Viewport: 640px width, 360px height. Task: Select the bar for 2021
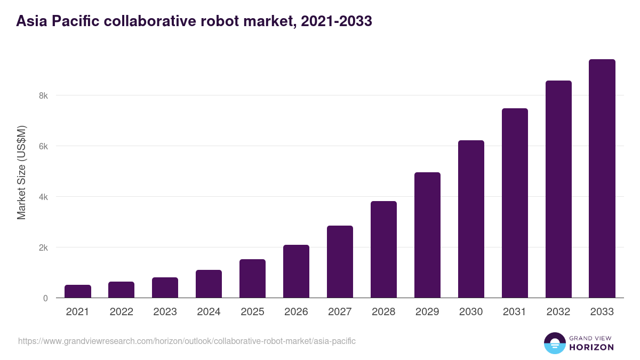(x=78, y=291)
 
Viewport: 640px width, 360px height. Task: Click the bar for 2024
(x=209, y=284)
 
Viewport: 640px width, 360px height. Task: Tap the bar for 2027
(x=340, y=261)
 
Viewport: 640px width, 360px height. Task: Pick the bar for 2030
(x=471, y=219)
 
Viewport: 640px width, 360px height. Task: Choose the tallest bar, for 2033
(x=602, y=178)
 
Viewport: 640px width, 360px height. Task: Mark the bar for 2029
(x=427, y=235)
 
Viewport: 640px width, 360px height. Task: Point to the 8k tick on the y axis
(x=43, y=96)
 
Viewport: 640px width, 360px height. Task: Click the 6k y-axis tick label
(x=43, y=146)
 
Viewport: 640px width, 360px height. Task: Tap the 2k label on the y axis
(x=43, y=247)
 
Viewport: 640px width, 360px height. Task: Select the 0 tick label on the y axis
(x=45, y=298)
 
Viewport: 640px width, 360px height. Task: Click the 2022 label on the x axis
(x=121, y=312)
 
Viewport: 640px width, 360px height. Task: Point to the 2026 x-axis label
(x=296, y=312)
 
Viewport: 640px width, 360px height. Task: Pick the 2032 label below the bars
(x=558, y=312)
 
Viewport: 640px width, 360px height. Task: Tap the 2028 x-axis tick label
(x=383, y=312)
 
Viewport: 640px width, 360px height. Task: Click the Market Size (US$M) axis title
(x=21, y=172)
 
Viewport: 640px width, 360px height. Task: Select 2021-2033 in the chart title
(x=336, y=21)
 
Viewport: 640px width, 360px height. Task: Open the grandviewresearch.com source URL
(x=187, y=341)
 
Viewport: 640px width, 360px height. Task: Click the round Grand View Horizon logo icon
(x=554, y=343)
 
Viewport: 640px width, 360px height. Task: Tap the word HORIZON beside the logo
(x=591, y=347)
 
